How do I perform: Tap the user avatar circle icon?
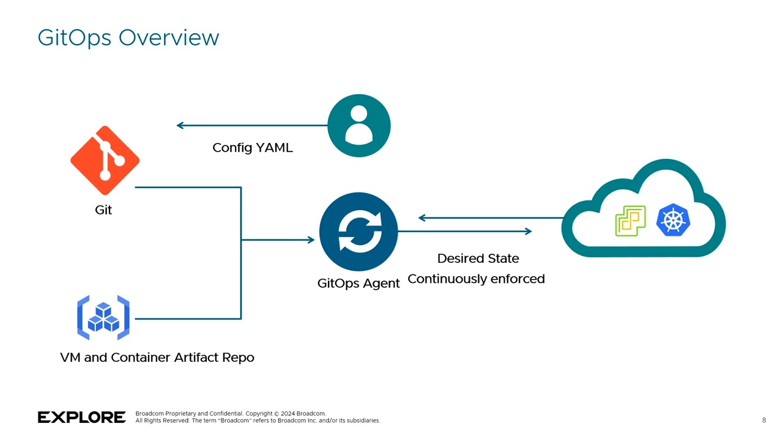[359, 126]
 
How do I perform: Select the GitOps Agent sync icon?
[358, 232]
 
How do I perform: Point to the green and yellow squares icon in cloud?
[630, 221]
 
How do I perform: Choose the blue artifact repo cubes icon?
[103, 318]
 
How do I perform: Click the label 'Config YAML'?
[252, 148]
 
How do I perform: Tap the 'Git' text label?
[103, 210]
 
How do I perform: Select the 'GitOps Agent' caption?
[358, 284]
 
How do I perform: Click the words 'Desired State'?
[478, 258]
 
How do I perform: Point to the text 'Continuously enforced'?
[476, 279]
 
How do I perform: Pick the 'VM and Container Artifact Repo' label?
[157, 358]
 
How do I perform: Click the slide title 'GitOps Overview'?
[128, 38]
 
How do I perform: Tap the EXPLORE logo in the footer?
[82, 417]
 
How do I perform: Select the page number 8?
[764, 420]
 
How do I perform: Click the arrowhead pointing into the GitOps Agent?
[311, 240]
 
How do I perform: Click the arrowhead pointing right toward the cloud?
[528, 231]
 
